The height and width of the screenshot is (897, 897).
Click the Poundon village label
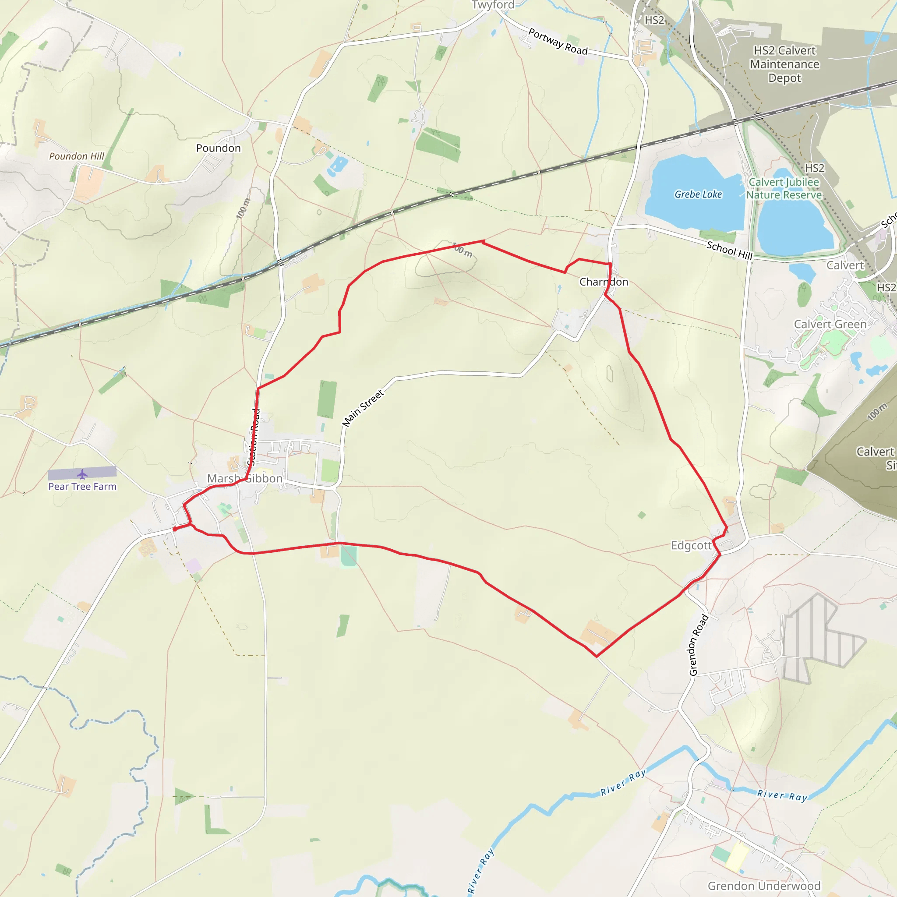(218, 148)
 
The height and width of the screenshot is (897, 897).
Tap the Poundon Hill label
(77, 156)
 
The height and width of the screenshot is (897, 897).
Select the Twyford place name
(493, 5)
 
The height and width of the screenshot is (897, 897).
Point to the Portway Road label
(558, 41)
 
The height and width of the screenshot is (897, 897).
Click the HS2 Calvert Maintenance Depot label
(784, 64)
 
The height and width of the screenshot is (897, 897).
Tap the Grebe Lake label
(698, 194)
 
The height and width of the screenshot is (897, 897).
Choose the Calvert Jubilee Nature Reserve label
(784, 188)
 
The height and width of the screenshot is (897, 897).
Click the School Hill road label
(729, 250)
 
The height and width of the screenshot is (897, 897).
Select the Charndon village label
(604, 282)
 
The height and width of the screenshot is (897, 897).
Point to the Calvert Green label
(830, 324)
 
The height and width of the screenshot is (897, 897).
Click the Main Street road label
(363, 408)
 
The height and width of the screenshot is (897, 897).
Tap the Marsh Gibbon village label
(245, 478)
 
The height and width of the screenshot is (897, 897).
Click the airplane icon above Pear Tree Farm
(83, 474)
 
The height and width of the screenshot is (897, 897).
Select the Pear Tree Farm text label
(83, 487)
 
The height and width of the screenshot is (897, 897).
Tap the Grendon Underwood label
(764, 886)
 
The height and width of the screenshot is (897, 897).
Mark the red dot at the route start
(175, 529)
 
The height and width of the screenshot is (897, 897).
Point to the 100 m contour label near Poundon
(243, 208)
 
